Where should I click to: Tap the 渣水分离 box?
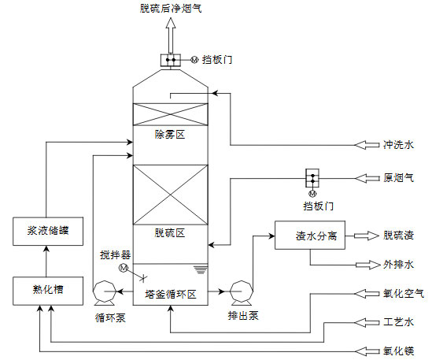click(x=309, y=235)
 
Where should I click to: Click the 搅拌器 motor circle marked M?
click(x=123, y=269)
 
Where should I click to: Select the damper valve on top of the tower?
click(x=170, y=60)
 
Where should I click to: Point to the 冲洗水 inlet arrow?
click(x=367, y=144)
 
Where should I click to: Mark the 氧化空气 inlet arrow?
click(x=367, y=293)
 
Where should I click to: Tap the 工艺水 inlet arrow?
click(x=367, y=322)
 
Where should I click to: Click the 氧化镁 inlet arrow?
click(x=367, y=351)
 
